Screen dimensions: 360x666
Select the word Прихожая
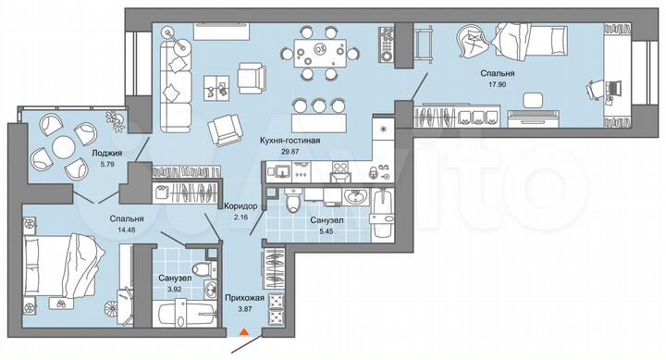coord(245,298)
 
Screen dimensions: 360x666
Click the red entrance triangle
coord(244,330)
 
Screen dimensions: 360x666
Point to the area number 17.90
coord(498,84)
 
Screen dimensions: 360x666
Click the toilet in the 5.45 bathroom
coord(291,199)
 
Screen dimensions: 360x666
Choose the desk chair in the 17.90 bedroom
coord(598,89)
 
